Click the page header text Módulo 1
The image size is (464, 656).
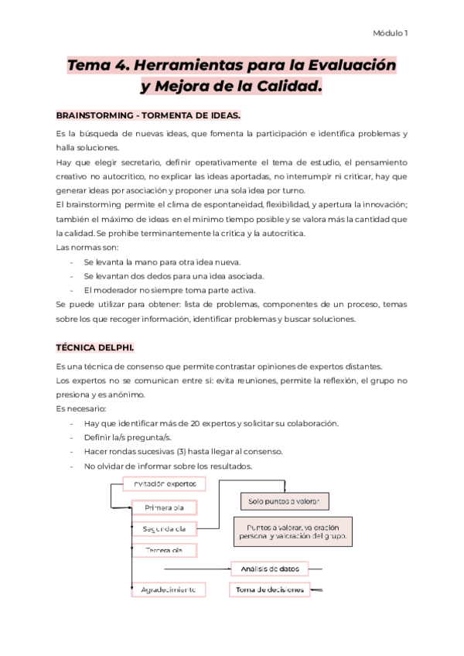tap(391, 33)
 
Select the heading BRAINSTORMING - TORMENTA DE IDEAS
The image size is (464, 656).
tap(148, 115)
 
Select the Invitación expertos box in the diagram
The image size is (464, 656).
tap(164, 483)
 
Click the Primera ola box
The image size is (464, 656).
tap(164, 507)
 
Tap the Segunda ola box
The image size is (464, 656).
tap(164, 530)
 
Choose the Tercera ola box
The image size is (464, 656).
tap(164, 550)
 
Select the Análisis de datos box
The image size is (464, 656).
tap(269, 569)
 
